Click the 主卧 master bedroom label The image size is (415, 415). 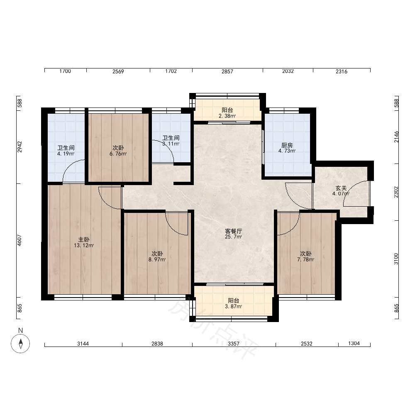click(84, 240)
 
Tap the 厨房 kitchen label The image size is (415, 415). click(287, 145)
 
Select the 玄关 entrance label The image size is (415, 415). click(341, 188)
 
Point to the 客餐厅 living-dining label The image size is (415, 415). click(233, 231)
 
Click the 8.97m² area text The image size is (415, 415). click(157, 260)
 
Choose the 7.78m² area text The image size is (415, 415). click(306, 260)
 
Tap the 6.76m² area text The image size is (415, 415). click(118, 154)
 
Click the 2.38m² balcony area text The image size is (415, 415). click(227, 116)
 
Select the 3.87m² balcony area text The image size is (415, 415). click(233, 307)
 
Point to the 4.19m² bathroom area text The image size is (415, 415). click(66, 154)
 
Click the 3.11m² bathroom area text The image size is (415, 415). click(171, 144)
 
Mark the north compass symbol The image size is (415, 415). click(20, 344)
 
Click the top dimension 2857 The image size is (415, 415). click(227, 71)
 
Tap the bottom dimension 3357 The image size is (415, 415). click(233, 344)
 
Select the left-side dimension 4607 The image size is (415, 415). click(20, 240)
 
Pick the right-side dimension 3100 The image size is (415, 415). click(396, 259)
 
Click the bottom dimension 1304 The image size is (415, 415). click(354, 343)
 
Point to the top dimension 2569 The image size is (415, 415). click(118, 71)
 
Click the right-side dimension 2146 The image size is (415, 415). click(396, 137)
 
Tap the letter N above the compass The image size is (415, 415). click(20, 330)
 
